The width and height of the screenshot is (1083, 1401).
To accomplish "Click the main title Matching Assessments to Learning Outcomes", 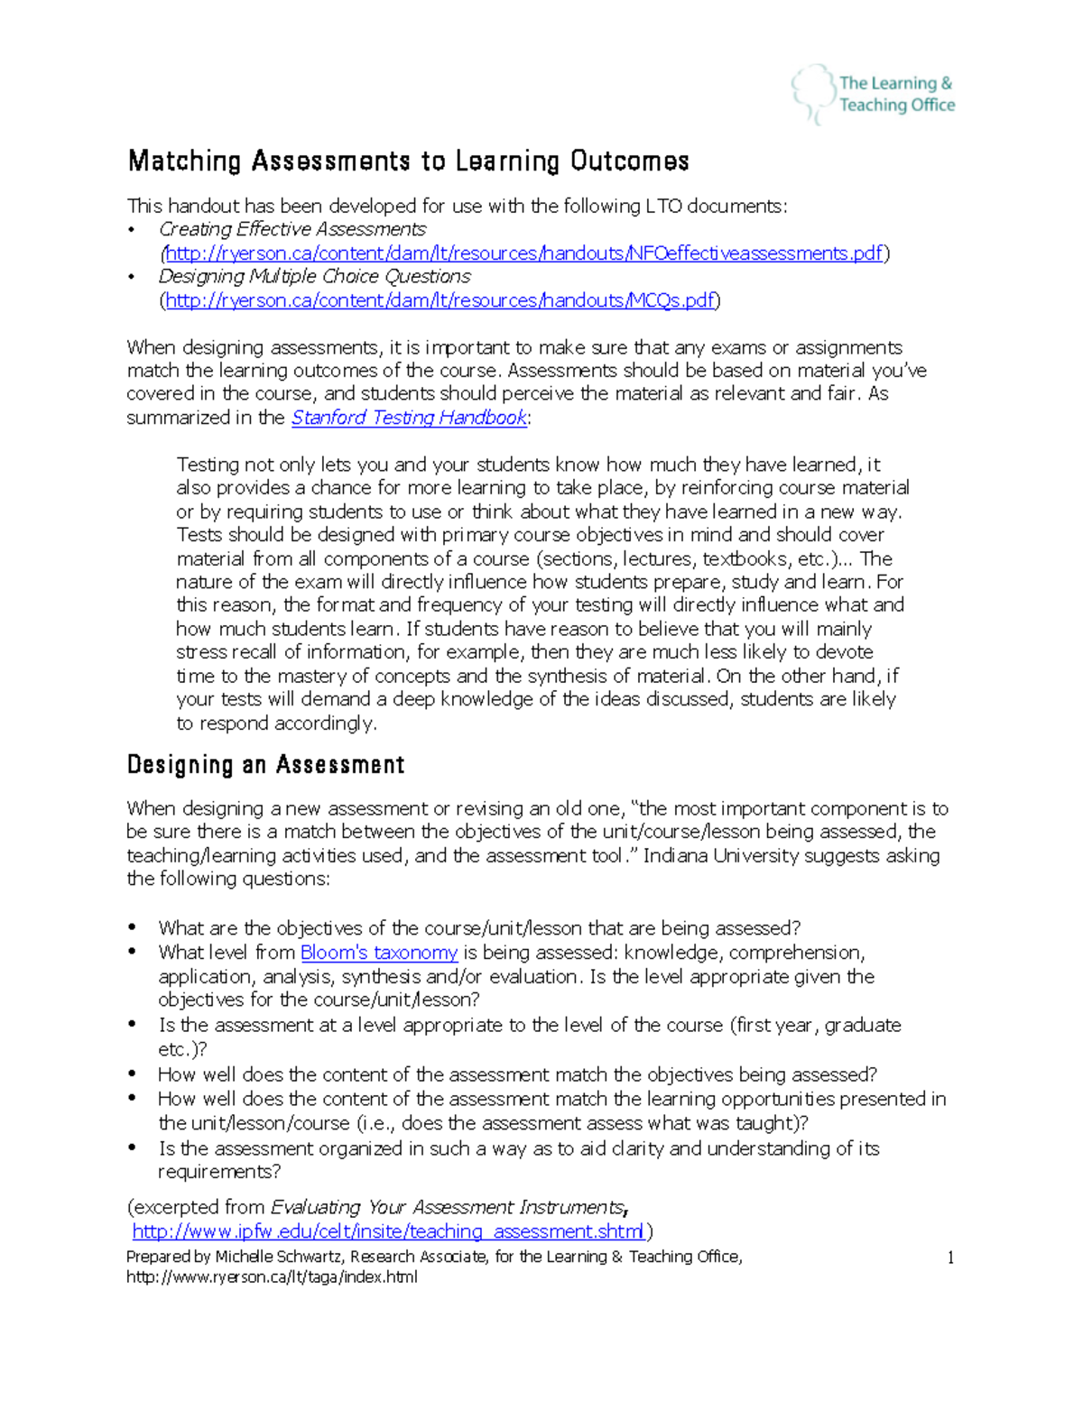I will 408,161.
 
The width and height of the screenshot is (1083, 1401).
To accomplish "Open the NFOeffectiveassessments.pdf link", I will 523,253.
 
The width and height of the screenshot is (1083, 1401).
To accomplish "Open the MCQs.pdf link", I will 440,300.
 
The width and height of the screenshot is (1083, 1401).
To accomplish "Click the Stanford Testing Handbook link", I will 409,418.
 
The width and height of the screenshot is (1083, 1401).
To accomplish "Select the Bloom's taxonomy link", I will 378,953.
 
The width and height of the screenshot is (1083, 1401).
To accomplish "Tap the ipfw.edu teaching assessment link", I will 389,1231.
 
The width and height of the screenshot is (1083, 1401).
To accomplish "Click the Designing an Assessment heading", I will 265,765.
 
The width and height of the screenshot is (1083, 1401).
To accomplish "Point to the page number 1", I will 950,1258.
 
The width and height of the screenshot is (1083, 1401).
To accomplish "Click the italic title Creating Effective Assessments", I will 292,229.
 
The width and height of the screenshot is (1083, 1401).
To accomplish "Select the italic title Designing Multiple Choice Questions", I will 314,276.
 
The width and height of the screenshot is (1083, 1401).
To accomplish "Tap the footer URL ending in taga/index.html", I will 272,1277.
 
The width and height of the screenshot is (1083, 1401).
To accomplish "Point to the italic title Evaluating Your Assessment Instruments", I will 448,1207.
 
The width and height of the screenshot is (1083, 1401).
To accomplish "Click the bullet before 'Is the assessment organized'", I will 133,1148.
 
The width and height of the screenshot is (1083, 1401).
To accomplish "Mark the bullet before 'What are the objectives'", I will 133,927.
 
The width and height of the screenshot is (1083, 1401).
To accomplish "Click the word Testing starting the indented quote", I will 208,465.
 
